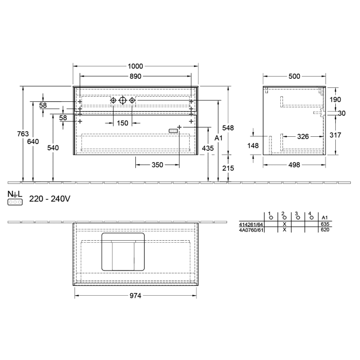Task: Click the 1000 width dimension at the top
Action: [136, 66]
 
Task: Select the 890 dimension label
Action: [136, 76]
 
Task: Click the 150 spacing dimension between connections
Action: [122, 123]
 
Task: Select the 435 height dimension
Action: [208, 148]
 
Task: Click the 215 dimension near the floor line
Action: [228, 168]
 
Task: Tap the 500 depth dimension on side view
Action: [294, 76]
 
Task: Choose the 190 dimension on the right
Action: [335, 99]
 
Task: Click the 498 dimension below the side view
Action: [294, 165]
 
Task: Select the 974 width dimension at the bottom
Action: [135, 296]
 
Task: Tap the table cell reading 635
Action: [325, 224]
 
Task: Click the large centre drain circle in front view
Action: [122, 101]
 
